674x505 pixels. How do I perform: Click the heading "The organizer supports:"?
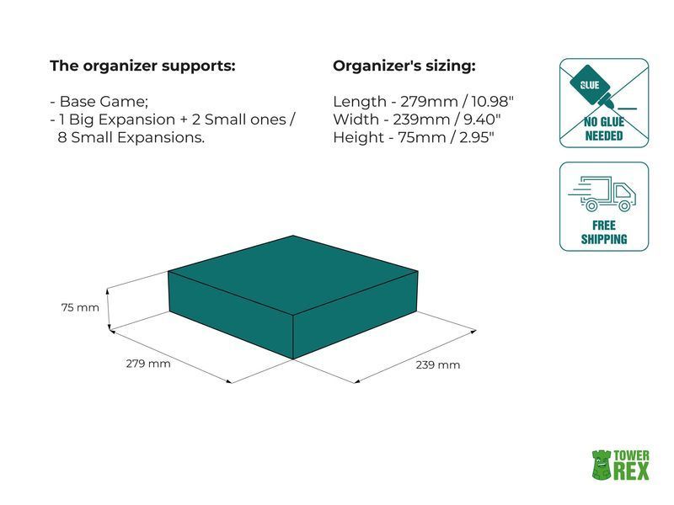(142, 66)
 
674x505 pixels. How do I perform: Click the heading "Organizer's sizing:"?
(404, 66)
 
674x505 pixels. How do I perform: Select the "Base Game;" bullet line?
(99, 102)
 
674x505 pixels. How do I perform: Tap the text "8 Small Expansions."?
(131, 137)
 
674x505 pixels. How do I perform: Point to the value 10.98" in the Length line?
(493, 101)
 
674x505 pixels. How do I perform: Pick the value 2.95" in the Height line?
(477, 137)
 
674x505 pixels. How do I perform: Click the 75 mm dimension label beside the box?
(80, 307)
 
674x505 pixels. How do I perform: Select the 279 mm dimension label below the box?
(148, 364)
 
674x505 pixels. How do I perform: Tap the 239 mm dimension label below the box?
(437, 365)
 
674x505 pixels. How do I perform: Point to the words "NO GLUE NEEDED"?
(604, 129)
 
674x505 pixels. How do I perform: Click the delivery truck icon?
(602, 194)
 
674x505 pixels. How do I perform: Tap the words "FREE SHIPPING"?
(604, 232)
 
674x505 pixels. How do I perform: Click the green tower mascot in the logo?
(602, 465)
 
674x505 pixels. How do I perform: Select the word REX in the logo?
(631, 471)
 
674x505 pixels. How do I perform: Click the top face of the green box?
(293, 275)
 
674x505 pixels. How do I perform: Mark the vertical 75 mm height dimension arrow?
(110, 309)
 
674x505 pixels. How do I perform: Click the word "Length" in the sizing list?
(360, 102)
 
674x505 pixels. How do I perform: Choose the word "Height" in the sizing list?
(359, 137)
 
